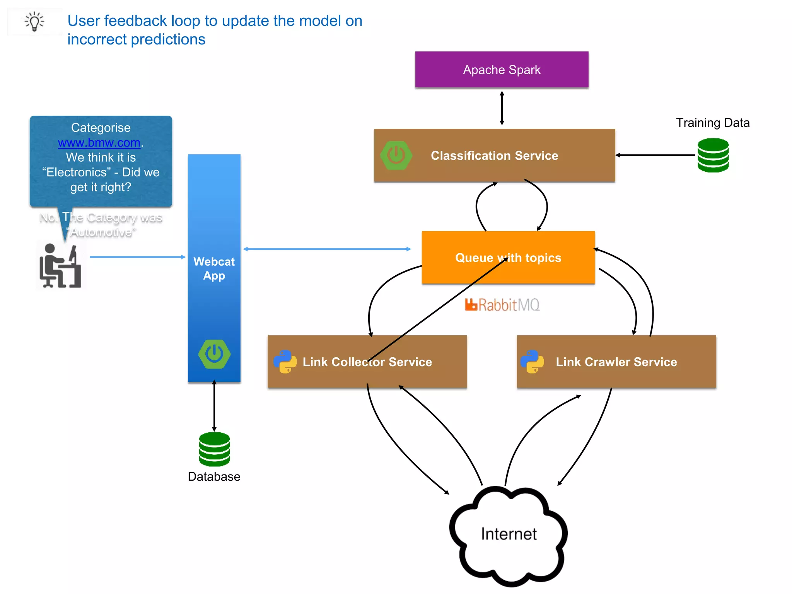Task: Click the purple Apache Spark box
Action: click(x=502, y=70)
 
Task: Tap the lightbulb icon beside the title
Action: click(x=35, y=21)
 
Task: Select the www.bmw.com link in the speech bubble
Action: click(x=99, y=143)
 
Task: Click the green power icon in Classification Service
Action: click(x=396, y=155)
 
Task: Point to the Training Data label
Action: click(x=712, y=123)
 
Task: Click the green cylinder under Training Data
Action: click(x=713, y=155)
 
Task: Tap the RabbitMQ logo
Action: click(x=502, y=305)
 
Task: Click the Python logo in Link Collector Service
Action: click(x=285, y=362)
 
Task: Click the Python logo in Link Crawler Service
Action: click(x=532, y=362)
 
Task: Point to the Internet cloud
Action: click(x=509, y=536)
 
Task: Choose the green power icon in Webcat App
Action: click(x=214, y=354)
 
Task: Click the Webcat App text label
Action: click(x=214, y=268)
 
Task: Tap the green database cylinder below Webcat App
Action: click(x=214, y=449)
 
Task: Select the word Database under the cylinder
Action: click(x=214, y=476)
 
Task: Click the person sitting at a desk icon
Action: click(x=60, y=266)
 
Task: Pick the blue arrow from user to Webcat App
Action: click(x=137, y=257)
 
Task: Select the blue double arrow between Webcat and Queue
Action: click(x=327, y=249)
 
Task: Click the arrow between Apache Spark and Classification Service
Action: click(x=502, y=108)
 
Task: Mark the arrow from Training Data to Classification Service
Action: click(x=655, y=155)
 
